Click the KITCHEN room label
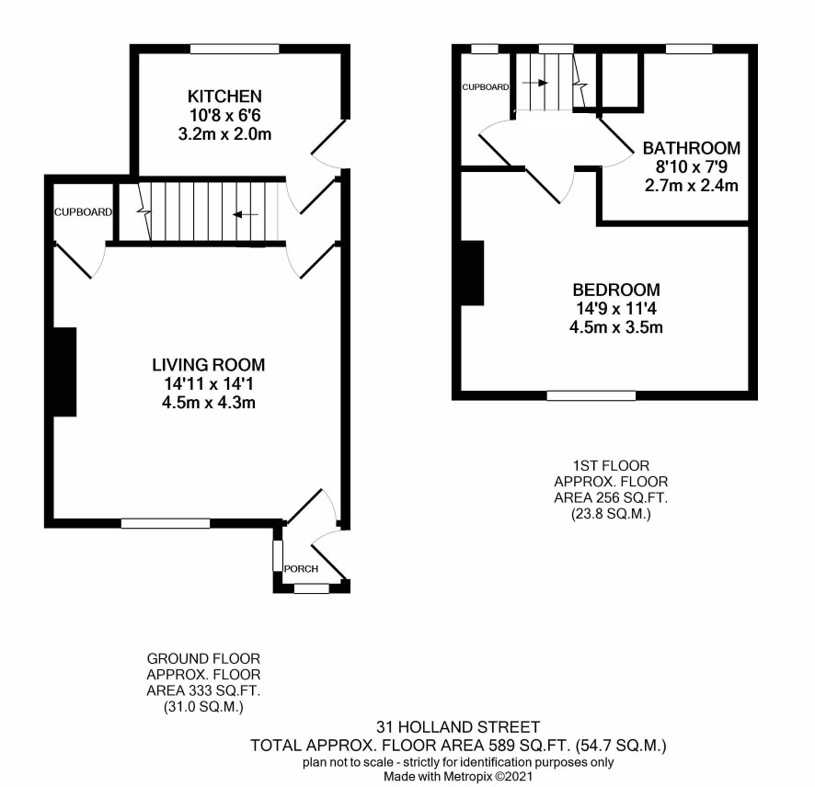coord(224,97)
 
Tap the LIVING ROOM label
coord(209,365)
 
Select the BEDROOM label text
coord(616,290)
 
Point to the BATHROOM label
coord(692,148)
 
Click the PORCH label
coord(301,569)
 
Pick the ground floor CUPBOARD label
coord(83,212)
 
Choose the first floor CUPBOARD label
coord(486,86)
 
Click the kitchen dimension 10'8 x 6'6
coord(224,115)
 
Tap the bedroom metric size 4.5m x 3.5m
coord(616,327)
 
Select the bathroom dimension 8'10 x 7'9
coord(692,166)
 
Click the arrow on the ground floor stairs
coord(246,214)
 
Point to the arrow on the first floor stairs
coord(535,83)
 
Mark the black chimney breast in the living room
coord(64,372)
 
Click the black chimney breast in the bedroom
coord(472,273)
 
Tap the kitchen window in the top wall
coord(235,49)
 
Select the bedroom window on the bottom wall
coord(591,395)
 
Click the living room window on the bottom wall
coord(166,524)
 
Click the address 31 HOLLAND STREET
coord(458,726)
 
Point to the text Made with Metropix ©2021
coord(458,777)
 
